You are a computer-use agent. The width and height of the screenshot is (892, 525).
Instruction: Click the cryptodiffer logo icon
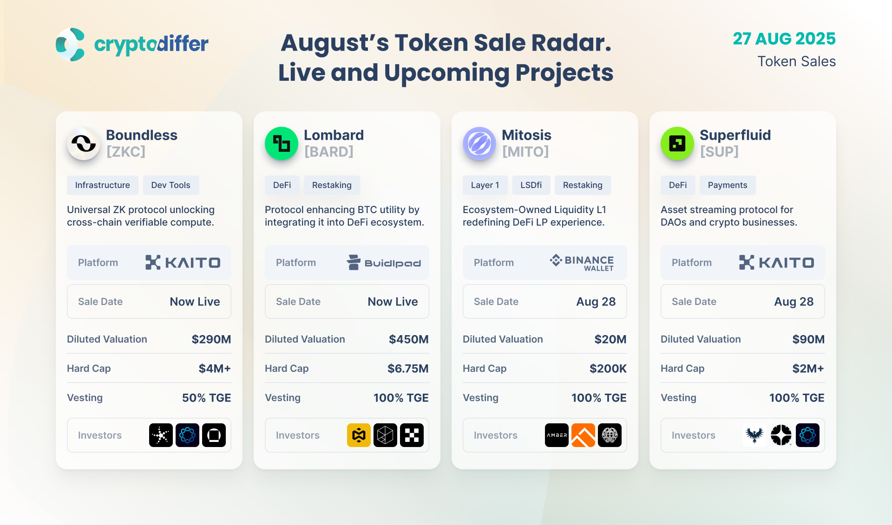(x=70, y=45)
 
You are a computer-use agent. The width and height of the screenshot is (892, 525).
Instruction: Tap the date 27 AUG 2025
(x=784, y=39)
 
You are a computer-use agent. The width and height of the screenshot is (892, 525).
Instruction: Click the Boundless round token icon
(x=84, y=143)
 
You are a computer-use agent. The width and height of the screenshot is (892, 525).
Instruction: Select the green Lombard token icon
(x=282, y=143)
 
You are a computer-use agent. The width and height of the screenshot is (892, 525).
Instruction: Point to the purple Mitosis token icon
(x=479, y=143)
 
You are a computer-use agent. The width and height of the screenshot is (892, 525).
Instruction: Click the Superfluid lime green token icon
(x=677, y=143)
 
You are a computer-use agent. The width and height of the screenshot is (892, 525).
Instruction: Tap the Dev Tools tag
(x=171, y=185)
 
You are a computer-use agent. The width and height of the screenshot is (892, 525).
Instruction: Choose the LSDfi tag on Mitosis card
(x=531, y=185)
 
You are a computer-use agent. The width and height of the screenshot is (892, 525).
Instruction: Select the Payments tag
(x=728, y=185)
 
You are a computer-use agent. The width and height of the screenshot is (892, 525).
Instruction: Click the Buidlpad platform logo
(x=384, y=263)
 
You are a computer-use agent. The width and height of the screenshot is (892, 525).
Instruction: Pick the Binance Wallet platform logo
(x=582, y=263)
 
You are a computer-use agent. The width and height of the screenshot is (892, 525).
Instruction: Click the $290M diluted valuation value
(x=211, y=339)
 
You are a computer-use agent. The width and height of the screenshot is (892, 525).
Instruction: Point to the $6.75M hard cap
(x=408, y=369)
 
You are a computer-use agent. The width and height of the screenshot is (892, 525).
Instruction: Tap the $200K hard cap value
(x=608, y=369)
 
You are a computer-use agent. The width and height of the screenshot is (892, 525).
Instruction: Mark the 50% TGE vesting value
(x=206, y=398)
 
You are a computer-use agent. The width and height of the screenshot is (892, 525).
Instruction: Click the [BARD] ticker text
(x=329, y=152)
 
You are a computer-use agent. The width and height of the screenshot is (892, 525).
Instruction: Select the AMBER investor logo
(x=557, y=435)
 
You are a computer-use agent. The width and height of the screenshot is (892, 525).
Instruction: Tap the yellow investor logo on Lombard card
(x=359, y=435)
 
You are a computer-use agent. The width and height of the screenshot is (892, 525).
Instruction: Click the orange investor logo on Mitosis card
(x=583, y=435)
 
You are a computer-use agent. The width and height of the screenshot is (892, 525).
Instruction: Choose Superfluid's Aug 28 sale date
(x=794, y=302)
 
